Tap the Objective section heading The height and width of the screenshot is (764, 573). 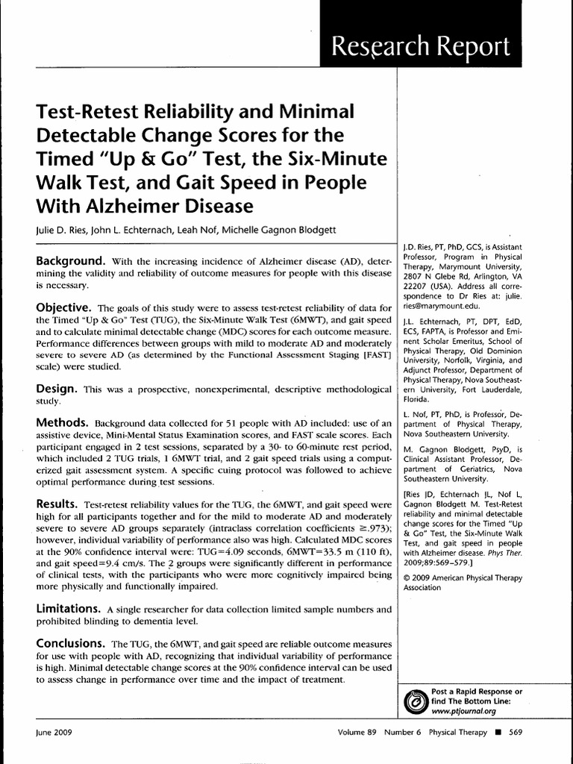[x=64, y=307]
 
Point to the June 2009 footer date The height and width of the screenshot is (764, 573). [x=53, y=732]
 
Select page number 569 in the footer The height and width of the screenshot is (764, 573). [x=515, y=732]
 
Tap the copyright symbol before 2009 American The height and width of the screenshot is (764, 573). [x=407, y=577]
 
